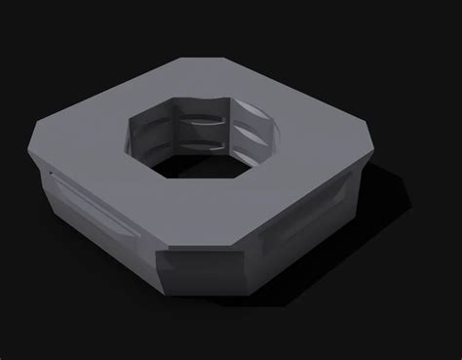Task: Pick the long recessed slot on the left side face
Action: pos(94,206)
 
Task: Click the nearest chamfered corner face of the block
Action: pos(201,274)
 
